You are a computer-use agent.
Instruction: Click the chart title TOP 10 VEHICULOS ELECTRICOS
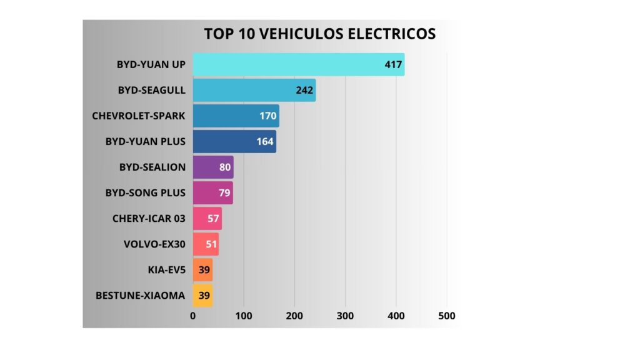[x=319, y=34]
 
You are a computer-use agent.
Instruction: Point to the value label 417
[x=393, y=64]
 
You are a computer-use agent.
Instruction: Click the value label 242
[x=304, y=90]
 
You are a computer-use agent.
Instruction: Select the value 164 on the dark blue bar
[x=265, y=141]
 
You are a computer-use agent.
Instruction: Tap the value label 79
[x=224, y=192]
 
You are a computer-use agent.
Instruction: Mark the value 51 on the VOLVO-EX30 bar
[x=211, y=244]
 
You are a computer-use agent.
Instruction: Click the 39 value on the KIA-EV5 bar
[x=204, y=269]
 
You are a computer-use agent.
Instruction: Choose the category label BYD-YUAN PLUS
[x=146, y=141]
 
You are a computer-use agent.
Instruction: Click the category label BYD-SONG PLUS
[x=146, y=192]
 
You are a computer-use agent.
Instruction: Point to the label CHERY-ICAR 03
[x=149, y=218]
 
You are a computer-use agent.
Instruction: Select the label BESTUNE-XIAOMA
[x=141, y=295]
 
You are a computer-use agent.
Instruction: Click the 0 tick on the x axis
[x=193, y=316]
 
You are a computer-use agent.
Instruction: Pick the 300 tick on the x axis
[x=345, y=316]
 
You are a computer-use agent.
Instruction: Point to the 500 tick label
[x=446, y=316]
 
